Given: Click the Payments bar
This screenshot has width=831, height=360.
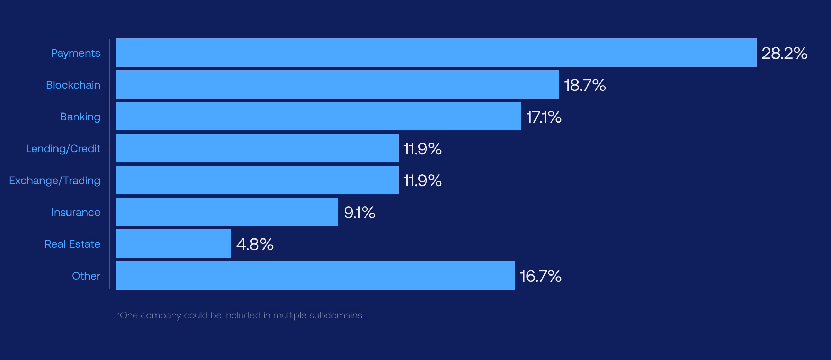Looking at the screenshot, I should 436,53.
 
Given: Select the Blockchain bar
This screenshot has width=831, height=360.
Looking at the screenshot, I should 337,84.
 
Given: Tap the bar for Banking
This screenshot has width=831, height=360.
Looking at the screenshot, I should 318,116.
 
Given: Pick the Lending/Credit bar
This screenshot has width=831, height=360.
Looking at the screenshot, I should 257,148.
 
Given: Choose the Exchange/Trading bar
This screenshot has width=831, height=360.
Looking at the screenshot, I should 257,180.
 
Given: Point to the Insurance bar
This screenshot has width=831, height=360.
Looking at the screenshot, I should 227,212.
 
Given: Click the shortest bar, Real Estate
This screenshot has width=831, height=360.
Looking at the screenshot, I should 173,244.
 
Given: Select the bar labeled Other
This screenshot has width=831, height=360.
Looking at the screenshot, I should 315,276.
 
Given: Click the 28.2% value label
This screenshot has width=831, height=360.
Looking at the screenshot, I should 784,53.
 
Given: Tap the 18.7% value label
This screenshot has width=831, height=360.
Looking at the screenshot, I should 585,85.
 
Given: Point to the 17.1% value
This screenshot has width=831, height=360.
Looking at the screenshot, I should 544,117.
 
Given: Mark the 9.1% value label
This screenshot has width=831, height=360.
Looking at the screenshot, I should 359,213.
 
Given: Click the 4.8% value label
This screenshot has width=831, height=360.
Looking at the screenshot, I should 255,244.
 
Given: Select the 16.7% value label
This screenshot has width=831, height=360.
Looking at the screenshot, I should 540,276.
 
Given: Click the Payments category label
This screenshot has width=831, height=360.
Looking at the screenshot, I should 75,53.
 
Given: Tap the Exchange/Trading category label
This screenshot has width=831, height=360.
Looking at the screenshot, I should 55,181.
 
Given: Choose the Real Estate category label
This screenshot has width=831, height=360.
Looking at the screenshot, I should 72,244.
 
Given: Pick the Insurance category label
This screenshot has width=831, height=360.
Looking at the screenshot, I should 75,213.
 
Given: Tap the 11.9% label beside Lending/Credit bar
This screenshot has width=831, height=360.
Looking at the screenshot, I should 422,149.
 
